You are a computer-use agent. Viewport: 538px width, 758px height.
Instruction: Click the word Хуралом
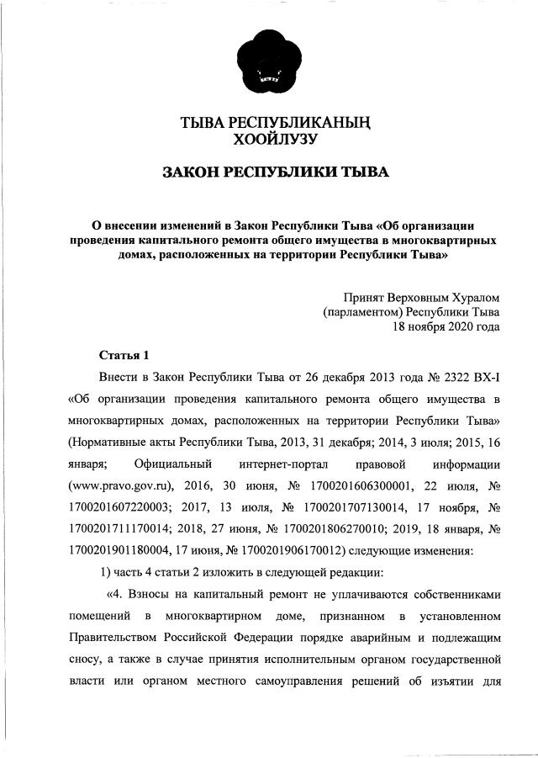pos(471,297)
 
